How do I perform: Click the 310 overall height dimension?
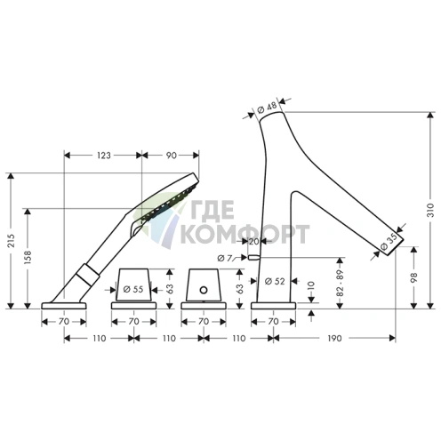click(430, 210)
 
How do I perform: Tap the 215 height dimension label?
click(11, 241)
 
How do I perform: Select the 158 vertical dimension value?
click(28, 257)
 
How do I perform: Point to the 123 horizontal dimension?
click(104, 156)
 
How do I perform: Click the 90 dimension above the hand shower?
click(171, 156)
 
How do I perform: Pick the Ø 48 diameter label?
click(267, 108)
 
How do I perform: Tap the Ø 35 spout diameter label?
click(389, 241)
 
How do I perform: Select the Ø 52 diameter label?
click(275, 281)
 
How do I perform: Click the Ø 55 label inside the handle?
click(133, 289)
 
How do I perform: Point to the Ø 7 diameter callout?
click(224, 259)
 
